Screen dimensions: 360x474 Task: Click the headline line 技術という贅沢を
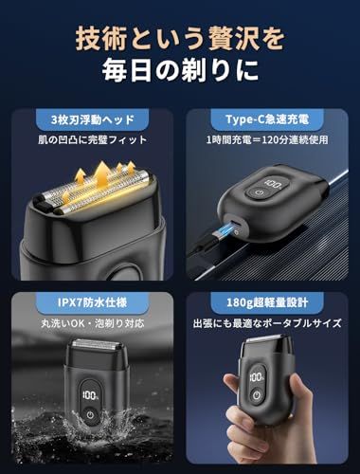pos(180,39)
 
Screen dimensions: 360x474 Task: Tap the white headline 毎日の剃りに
pos(180,69)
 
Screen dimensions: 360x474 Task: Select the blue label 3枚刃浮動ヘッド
pos(93,119)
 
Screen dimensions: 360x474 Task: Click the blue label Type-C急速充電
pos(267,119)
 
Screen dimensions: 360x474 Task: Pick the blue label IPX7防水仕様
pos(92,302)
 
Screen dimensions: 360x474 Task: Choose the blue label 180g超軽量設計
pos(267,302)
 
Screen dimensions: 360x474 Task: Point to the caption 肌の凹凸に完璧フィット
pos(93,139)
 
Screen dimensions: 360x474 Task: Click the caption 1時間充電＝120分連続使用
pos(267,139)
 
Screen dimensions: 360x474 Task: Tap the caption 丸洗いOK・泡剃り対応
pos(93,323)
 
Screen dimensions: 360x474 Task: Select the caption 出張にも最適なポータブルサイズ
pos(267,323)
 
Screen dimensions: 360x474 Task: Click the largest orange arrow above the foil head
pos(102,174)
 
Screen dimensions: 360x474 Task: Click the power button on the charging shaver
pos(260,192)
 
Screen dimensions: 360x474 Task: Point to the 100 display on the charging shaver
pos(274,183)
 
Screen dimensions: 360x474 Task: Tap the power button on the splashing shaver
pos(91,415)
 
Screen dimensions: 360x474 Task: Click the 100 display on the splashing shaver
pos(90,395)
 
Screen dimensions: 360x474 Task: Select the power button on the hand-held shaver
pos(257,395)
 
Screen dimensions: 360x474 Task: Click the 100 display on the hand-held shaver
pos(257,377)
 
